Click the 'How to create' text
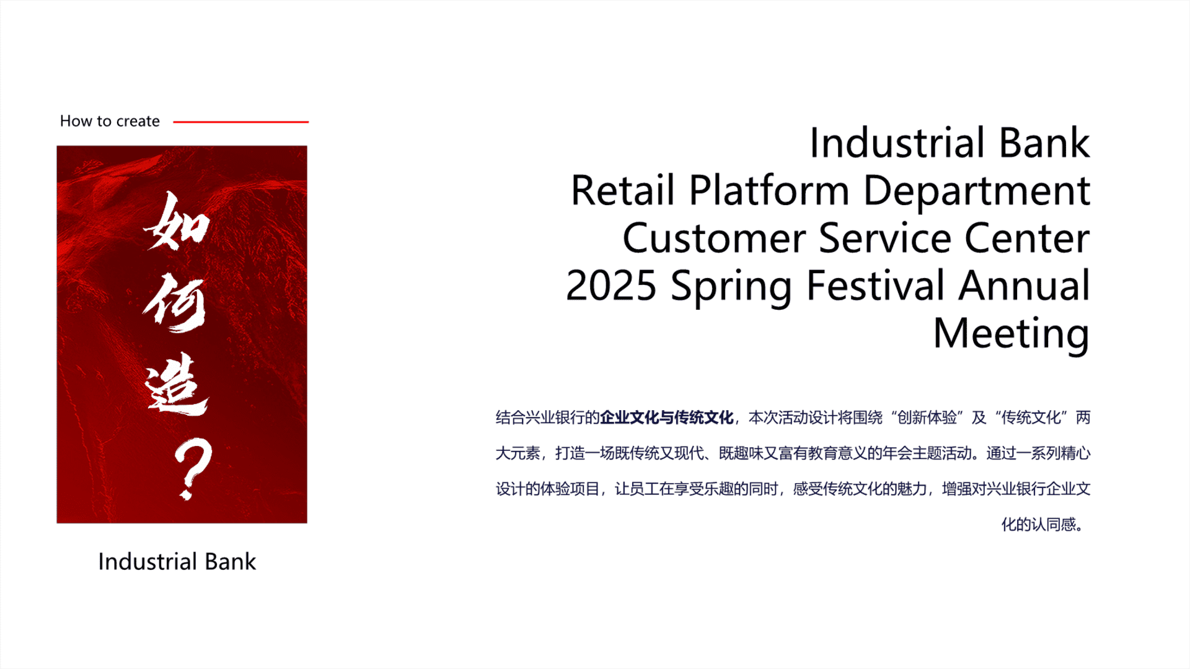coord(110,121)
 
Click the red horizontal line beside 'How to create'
coord(241,122)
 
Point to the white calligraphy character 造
coord(177,384)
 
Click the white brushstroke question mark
coord(193,468)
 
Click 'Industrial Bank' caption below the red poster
coord(177,561)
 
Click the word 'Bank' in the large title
coord(1044,143)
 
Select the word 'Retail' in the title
coord(622,190)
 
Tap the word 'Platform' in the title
coord(769,190)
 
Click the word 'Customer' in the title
coord(713,238)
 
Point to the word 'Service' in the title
coord(884,238)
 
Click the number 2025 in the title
coord(611,286)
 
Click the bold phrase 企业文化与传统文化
coord(667,418)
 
